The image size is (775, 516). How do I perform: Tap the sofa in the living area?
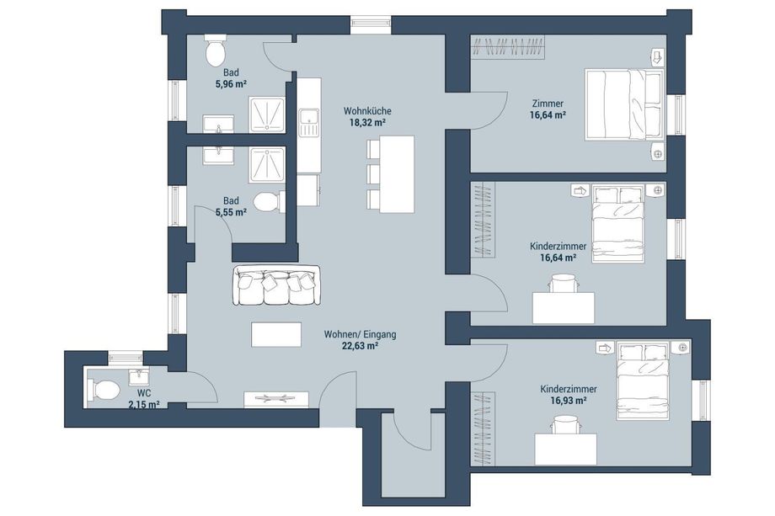click(276, 285)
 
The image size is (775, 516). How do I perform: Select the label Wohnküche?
click(367, 111)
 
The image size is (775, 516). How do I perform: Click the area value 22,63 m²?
click(360, 346)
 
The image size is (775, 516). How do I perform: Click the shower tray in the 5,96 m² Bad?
click(267, 114)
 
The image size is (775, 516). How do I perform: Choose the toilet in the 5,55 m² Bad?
click(269, 202)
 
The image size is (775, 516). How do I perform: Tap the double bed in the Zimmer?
click(624, 104)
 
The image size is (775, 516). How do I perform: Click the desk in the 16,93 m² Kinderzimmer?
click(565, 450)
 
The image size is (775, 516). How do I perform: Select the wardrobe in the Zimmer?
click(508, 47)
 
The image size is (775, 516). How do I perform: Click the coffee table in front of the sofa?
click(276, 334)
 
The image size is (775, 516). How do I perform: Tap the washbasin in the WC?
click(138, 376)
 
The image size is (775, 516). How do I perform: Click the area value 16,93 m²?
click(569, 401)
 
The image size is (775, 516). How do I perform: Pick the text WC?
click(144, 393)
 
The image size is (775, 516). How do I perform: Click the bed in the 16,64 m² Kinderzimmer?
click(618, 224)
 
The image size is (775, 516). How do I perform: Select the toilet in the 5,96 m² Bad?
click(215, 51)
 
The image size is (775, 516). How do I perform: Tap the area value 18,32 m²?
click(367, 122)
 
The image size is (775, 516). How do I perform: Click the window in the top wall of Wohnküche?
click(371, 24)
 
